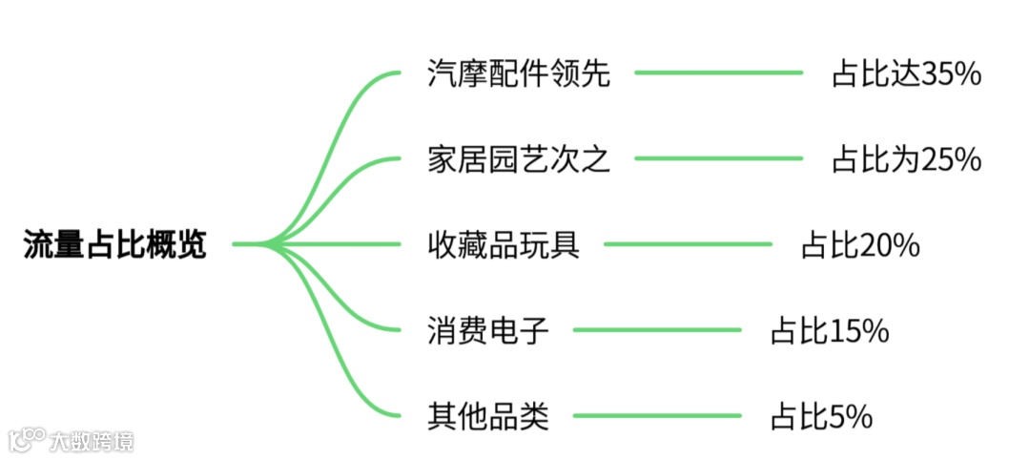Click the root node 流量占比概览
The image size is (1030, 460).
click(114, 245)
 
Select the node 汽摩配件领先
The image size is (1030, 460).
click(519, 73)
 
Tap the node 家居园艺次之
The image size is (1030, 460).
click(519, 158)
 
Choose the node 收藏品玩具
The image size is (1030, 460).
click(504, 245)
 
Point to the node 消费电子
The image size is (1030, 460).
click(488, 331)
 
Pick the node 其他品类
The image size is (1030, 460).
click(488, 416)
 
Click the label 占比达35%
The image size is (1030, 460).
click(907, 73)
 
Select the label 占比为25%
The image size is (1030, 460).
click(907, 158)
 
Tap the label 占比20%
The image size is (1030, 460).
click(860, 245)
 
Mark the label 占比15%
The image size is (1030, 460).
click(830, 331)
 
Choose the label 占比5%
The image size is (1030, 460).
click(822, 416)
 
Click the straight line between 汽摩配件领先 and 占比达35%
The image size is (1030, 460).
click(720, 73)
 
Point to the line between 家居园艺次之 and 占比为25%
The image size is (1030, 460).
click(720, 157)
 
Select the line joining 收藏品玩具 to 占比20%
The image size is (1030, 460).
click(689, 244)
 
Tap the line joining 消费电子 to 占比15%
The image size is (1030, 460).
click(658, 330)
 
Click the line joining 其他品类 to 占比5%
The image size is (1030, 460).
click(658, 415)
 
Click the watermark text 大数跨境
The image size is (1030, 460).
click(93, 441)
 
